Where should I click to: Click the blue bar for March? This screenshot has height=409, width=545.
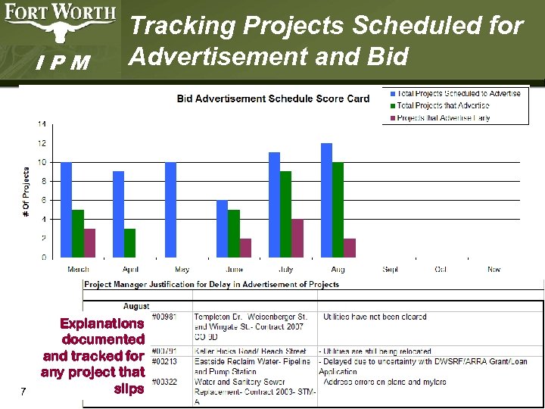pos(66,210)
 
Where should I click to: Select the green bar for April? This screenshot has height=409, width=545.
pos(130,243)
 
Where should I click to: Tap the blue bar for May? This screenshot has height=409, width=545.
pos(170,210)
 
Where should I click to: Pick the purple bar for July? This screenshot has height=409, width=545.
pos(298,239)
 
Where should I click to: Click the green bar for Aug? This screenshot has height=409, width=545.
pos(338,210)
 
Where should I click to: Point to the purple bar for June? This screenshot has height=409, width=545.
pos(246,248)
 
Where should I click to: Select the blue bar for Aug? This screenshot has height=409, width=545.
pos(326,200)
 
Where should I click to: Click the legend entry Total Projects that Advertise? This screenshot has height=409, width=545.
pos(443,106)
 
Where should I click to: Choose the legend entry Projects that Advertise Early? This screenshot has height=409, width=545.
pos(443,118)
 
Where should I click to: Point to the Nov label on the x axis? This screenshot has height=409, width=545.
pos(494,270)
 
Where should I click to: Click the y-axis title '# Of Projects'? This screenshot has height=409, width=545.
pos(26,193)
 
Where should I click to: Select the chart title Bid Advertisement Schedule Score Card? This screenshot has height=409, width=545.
pos(273,98)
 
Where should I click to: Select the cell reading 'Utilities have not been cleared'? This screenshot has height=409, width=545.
pos(374,317)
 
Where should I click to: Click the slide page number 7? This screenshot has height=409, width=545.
pos(25,392)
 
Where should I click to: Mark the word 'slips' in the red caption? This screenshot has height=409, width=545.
pos(128,389)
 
